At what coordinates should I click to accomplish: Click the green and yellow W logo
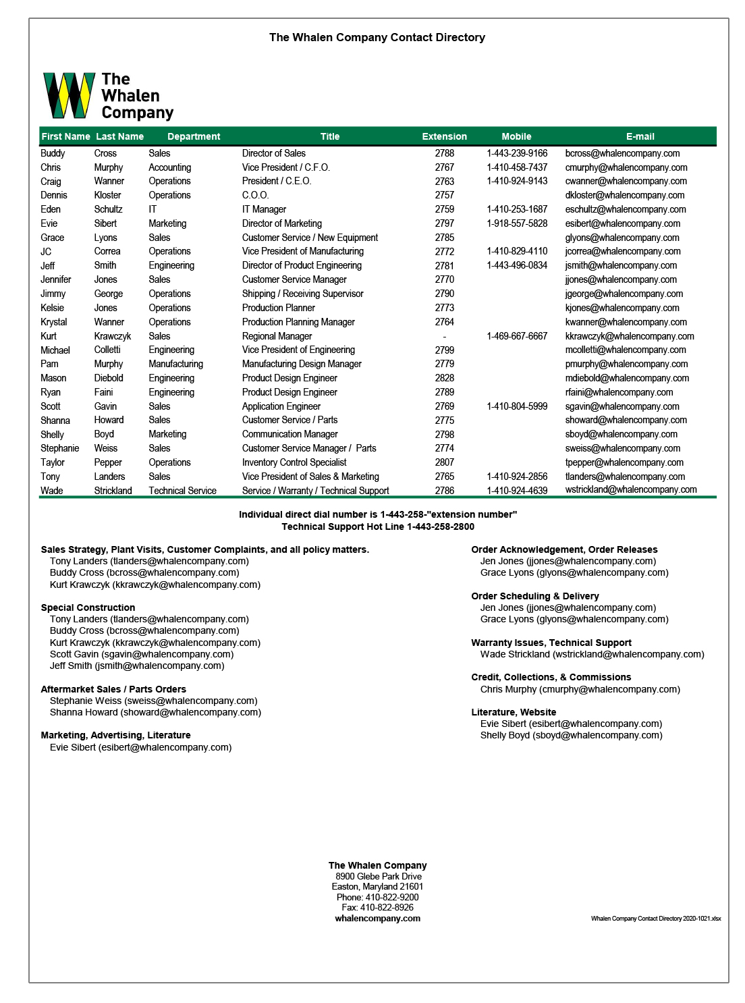click(69, 95)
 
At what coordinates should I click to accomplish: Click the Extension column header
click(444, 136)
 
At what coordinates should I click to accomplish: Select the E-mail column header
click(640, 136)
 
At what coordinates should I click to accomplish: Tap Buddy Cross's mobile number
click(517, 153)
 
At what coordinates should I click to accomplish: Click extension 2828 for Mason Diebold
click(444, 378)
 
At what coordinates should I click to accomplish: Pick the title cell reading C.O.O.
click(255, 195)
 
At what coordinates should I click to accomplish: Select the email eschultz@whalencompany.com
click(625, 209)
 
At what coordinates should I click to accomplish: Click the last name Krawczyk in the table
click(113, 336)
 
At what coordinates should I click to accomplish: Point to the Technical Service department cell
click(182, 491)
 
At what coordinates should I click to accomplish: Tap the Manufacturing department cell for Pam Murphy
click(175, 364)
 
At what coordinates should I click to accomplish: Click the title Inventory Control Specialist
click(294, 462)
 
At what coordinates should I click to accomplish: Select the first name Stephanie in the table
click(59, 448)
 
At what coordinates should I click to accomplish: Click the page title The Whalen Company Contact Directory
click(377, 38)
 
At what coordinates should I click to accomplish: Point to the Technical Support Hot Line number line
click(377, 526)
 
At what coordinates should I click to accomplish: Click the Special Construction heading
click(88, 607)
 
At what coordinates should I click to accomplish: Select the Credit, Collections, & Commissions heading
click(551, 677)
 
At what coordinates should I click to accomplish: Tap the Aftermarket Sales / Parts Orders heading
click(113, 689)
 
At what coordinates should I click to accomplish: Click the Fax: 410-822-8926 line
click(377, 907)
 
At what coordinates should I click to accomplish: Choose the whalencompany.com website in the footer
click(377, 918)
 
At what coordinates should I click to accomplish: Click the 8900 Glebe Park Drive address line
click(378, 876)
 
